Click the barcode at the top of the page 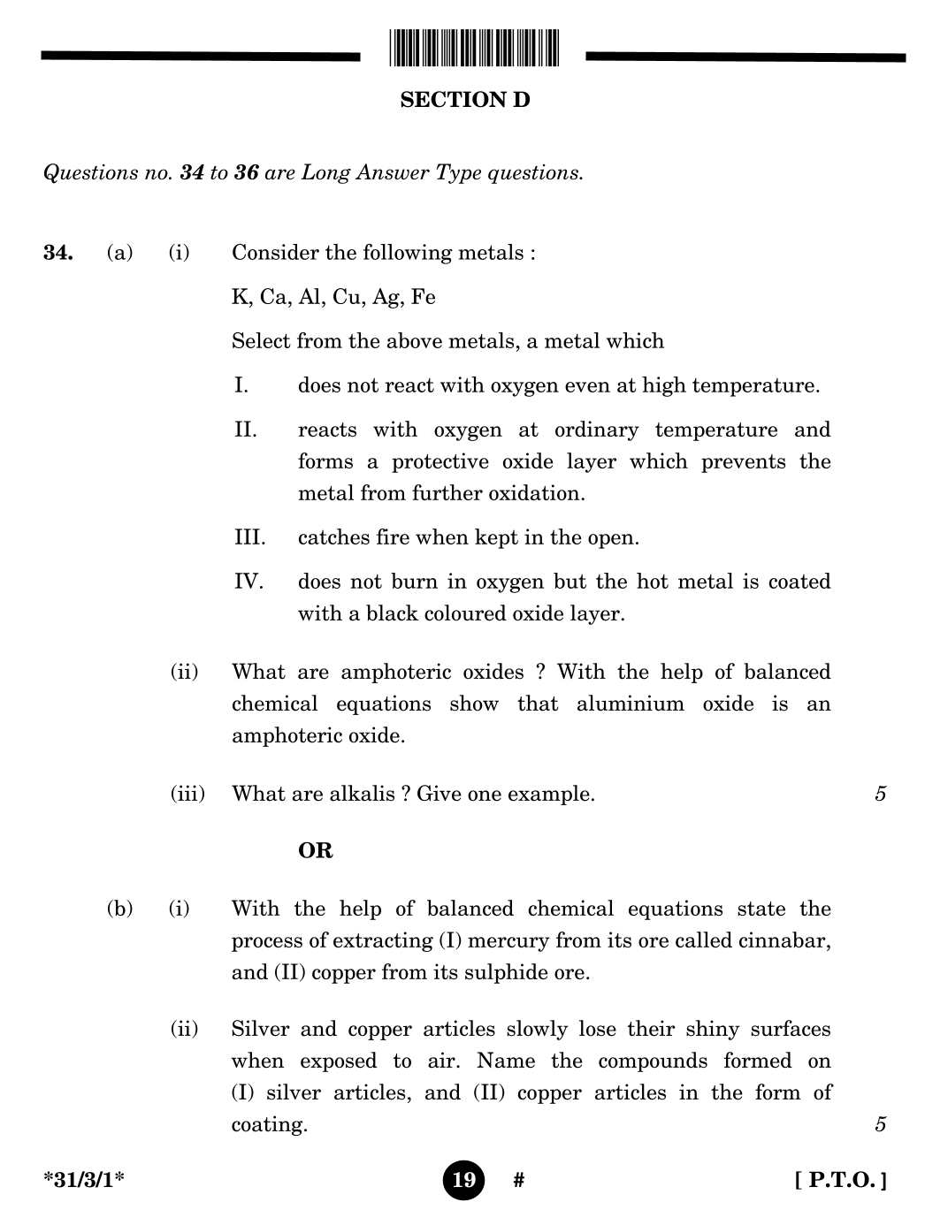[473, 48]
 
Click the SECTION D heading [464, 100]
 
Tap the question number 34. [57, 253]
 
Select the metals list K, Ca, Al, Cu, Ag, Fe [333, 297]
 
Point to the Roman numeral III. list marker [249, 537]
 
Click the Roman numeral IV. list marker [248, 582]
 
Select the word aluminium [630, 704]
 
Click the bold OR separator [316, 850]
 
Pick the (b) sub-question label [119, 909]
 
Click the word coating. [269, 1124]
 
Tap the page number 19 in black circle [463, 1180]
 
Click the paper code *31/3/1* [84, 1180]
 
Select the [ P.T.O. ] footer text [840, 1180]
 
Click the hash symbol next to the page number [518, 1180]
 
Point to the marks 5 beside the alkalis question [880, 794]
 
